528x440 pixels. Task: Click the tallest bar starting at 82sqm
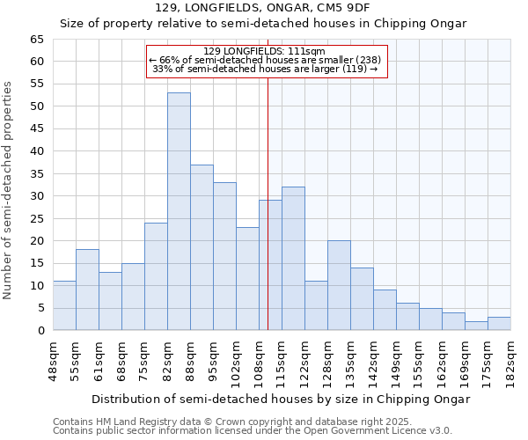pyautogui.click(x=179, y=211)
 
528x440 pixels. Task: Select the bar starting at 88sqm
pyautogui.click(x=202, y=247)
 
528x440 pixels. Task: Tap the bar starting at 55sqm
pyautogui.click(x=87, y=290)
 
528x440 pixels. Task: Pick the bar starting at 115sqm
pyautogui.click(x=293, y=259)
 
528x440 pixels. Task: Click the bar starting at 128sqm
pyautogui.click(x=339, y=285)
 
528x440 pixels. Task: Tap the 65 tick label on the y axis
pyautogui.click(x=36, y=40)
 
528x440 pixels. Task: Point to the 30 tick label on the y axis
pyautogui.click(x=36, y=196)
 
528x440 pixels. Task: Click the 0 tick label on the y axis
pyautogui.click(x=40, y=331)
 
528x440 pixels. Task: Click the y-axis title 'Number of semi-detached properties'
pyautogui.click(x=9, y=190)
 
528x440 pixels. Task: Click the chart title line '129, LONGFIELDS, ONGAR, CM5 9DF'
pyautogui.click(x=263, y=8)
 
